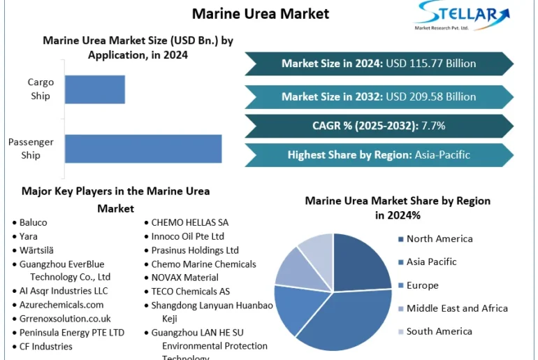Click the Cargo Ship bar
(94, 89)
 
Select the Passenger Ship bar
(143, 149)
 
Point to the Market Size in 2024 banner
(379, 64)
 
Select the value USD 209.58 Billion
(432, 96)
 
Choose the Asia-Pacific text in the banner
(442, 155)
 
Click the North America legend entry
(439, 239)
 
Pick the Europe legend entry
(422, 285)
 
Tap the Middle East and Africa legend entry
(457, 308)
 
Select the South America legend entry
(439, 331)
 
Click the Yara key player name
(29, 236)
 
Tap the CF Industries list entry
(45, 346)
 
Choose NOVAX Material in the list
(184, 278)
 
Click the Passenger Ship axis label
(31, 149)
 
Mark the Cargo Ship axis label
(41, 89)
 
